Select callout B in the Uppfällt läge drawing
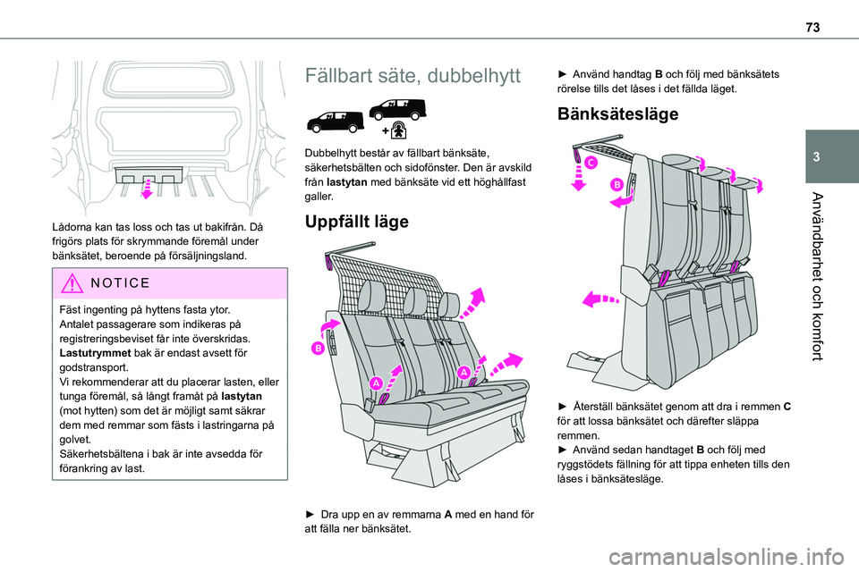[x=318, y=349]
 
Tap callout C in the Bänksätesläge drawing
[x=592, y=162]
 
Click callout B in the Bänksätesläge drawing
[x=617, y=184]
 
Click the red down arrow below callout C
[x=577, y=181]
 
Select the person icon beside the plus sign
[x=400, y=130]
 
